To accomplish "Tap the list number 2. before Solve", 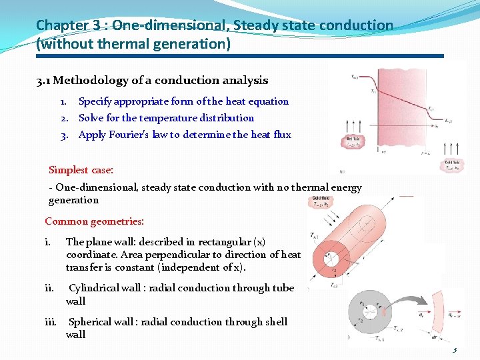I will pyautogui.click(x=65, y=118).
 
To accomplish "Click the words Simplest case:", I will pyautogui.click(x=81, y=170).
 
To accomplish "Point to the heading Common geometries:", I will pyautogui.click(x=94, y=221).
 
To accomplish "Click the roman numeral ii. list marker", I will pyautogui.click(x=49, y=289).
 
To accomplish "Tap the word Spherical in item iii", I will pyautogui.click(x=91, y=322).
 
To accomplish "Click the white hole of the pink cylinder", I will pyautogui.click(x=329, y=258).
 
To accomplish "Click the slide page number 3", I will pyautogui.click(x=455, y=351).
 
